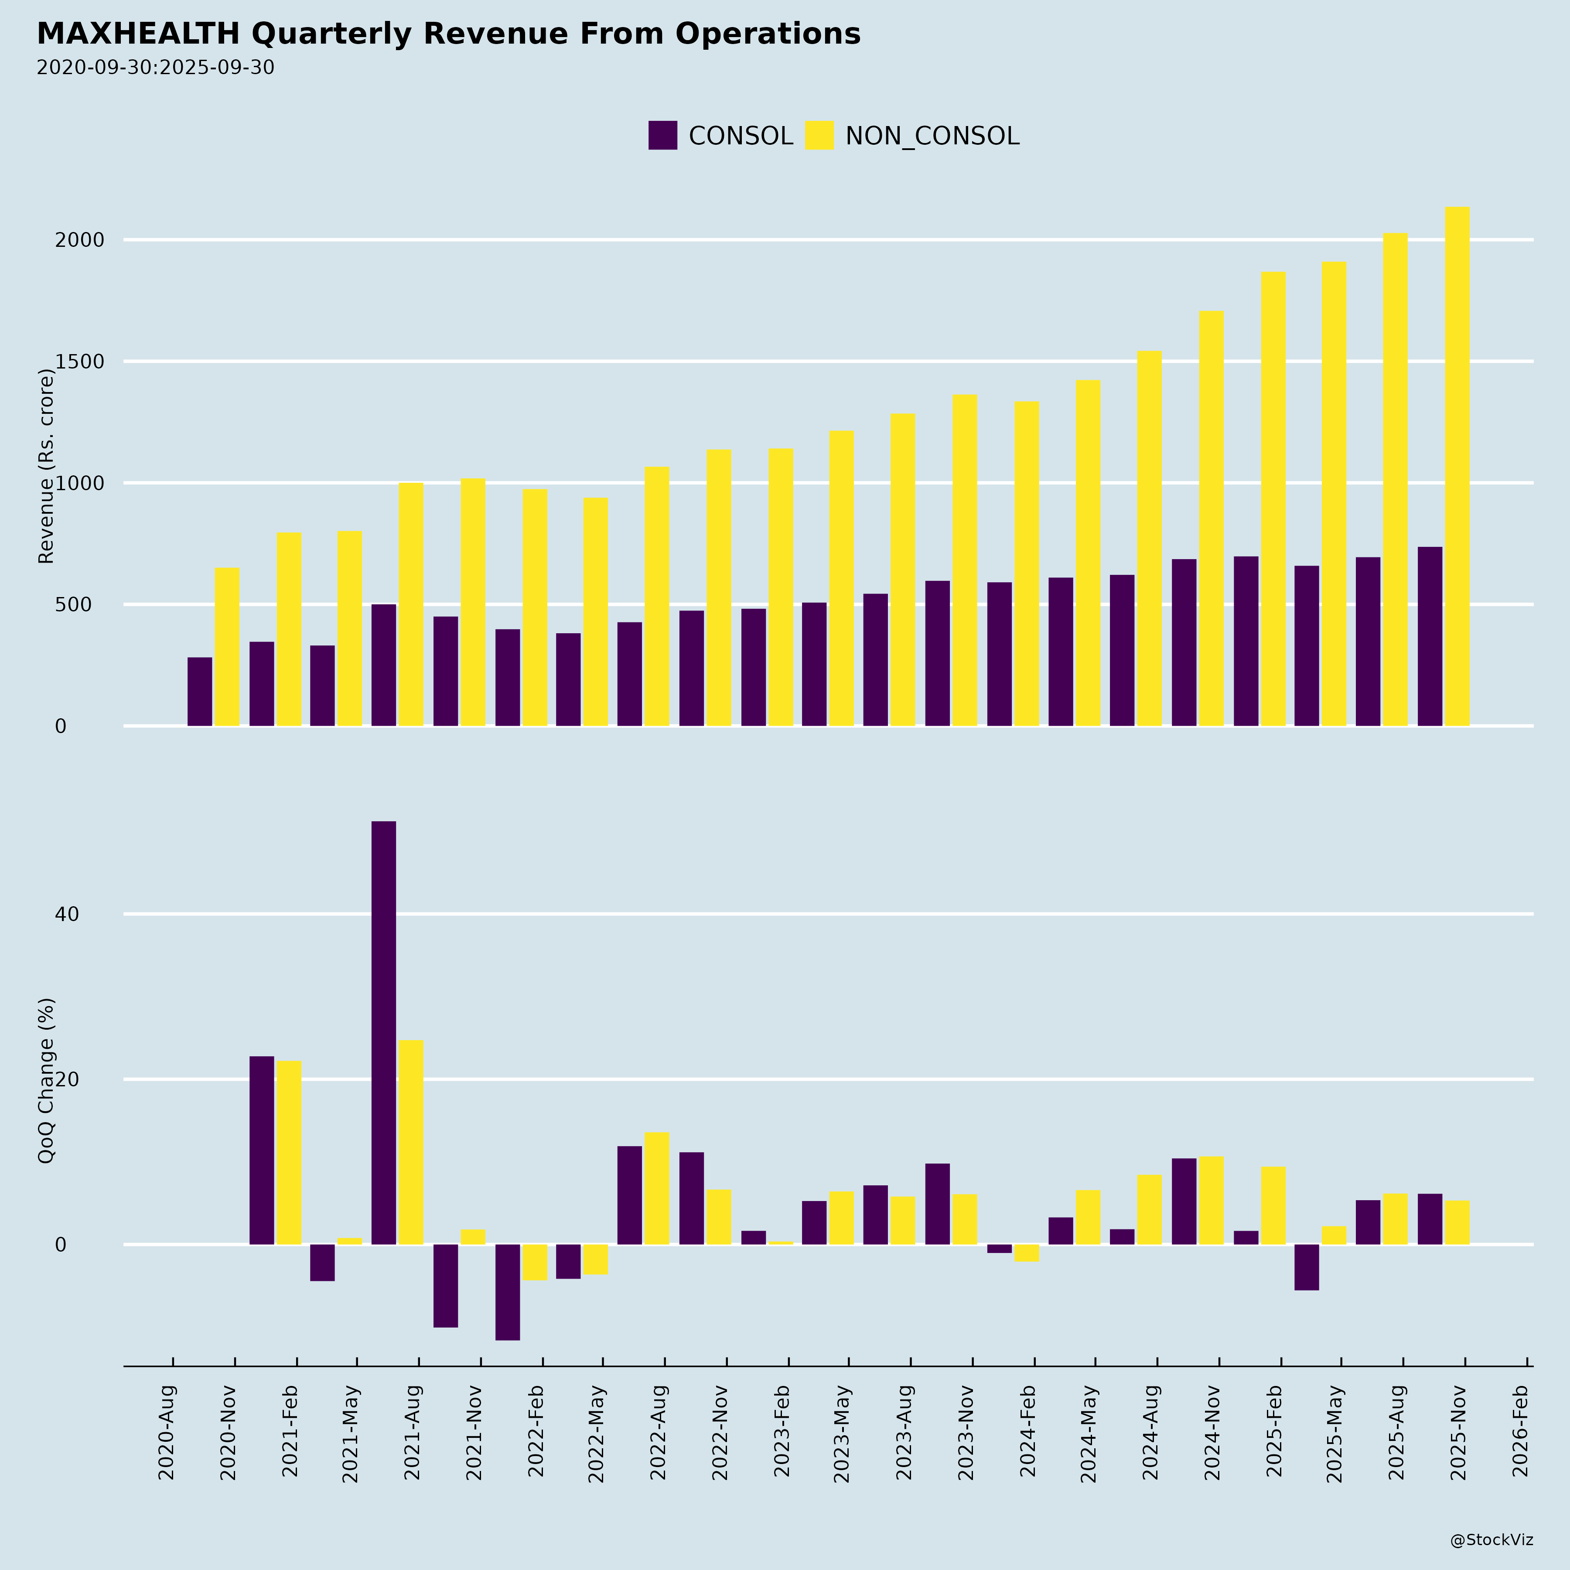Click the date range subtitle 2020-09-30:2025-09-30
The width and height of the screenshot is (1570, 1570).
[x=155, y=68]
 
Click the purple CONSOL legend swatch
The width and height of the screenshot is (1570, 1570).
[x=662, y=136]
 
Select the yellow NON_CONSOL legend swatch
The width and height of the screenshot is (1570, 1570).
[x=819, y=136]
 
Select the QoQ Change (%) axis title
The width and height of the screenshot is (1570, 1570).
[x=46, y=1081]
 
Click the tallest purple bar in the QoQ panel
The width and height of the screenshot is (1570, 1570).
[x=384, y=1032]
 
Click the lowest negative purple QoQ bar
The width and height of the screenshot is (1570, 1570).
[x=507, y=1292]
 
